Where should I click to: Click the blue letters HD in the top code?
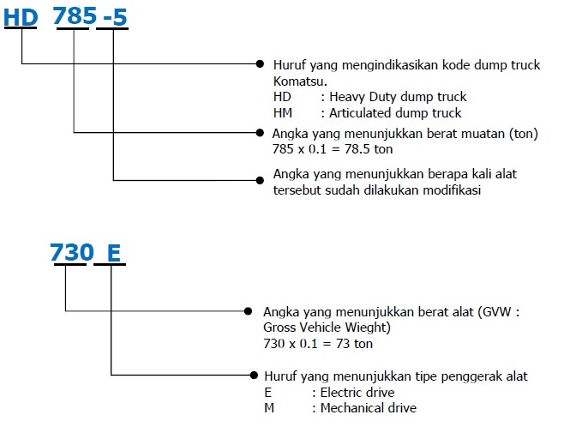21,17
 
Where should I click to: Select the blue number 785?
75,16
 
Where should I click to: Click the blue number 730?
72,252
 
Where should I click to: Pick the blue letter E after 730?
114,253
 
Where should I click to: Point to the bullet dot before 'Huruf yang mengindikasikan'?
260,64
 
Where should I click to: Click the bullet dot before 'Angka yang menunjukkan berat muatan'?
260,132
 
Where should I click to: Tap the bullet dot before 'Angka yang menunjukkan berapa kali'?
260,180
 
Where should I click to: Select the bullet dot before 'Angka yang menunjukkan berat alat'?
248,311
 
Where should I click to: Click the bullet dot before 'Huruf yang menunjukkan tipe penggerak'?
254,375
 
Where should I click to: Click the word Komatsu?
300,81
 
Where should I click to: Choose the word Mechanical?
350,408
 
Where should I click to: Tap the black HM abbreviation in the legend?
283,113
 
